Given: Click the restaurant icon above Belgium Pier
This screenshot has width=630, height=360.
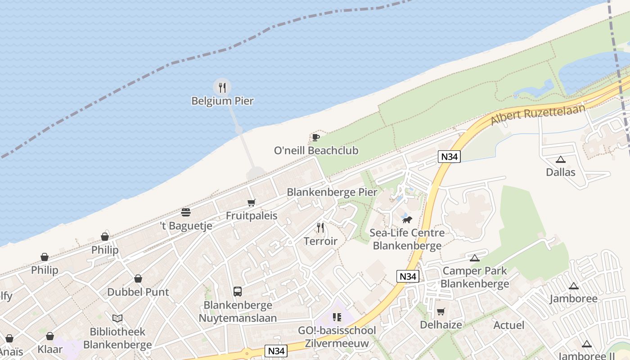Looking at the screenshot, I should [222, 87].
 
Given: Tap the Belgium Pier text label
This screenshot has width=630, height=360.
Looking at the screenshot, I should [222, 101].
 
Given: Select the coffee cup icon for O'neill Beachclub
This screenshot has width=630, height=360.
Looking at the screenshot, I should [315, 137].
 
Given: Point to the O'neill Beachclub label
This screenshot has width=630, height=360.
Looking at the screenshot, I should [316, 150].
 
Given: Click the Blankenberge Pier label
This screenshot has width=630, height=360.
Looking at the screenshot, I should [332, 192].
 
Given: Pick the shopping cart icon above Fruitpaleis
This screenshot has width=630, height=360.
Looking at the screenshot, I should [252, 203].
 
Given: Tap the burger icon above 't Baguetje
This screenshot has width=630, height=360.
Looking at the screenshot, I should [186, 212].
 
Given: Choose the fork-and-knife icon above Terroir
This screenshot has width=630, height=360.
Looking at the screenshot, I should [320, 228].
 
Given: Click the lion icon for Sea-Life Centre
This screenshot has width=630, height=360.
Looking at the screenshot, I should [407, 220].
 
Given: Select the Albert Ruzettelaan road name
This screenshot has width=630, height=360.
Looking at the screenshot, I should [538, 114].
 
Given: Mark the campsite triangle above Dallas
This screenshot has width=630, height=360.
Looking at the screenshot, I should [560, 159].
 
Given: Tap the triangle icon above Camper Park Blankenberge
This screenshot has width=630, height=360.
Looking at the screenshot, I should [474, 258].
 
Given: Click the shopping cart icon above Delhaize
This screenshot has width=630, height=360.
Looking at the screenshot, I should [441, 312].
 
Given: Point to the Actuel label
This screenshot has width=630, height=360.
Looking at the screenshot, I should [508, 325].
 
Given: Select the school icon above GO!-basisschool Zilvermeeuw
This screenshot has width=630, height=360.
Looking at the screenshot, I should [337, 317].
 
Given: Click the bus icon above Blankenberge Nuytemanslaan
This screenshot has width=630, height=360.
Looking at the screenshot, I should [238, 292].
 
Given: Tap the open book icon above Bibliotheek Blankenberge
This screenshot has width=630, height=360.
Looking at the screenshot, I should [117, 319].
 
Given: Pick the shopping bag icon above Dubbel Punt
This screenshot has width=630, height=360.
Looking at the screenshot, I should [138, 279].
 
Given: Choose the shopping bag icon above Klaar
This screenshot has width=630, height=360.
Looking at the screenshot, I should [50, 337].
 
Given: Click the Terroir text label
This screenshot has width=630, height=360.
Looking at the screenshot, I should [320, 241].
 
